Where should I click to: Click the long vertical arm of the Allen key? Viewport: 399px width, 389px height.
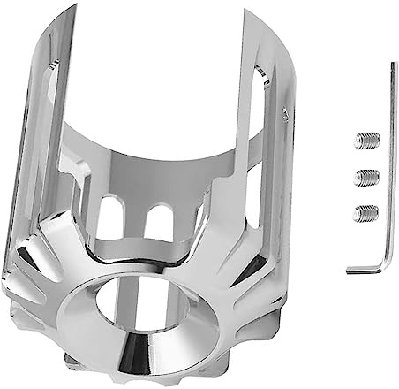point(389,168)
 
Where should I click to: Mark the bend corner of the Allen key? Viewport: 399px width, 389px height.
point(386,268)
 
